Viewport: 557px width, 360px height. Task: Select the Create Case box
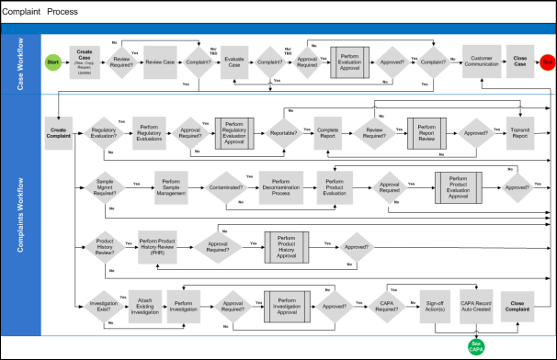85,62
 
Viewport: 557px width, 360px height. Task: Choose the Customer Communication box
482,62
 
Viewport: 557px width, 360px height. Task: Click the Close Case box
520,62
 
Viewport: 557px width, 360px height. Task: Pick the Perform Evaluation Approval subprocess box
350,62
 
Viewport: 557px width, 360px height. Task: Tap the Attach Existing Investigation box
145,308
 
